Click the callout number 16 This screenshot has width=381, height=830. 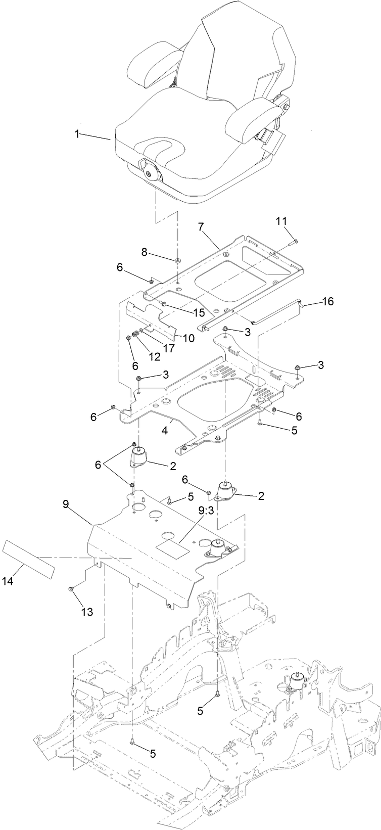pos(327,301)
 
